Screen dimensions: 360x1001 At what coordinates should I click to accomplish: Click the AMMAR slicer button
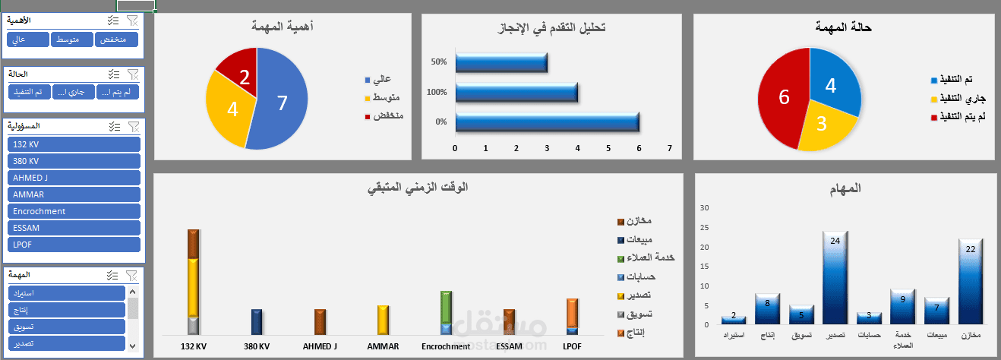coord(74,194)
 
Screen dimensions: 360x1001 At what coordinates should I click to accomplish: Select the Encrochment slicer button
coord(74,211)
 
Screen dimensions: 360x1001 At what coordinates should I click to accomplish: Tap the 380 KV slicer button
coord(74,161)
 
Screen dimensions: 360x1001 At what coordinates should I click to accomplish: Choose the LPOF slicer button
coord(74,245)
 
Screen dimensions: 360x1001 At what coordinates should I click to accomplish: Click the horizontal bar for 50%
coord(501,62)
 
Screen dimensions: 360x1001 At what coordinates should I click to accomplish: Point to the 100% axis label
coord(437,92)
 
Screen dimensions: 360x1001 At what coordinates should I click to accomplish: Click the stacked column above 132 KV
coord(193,282)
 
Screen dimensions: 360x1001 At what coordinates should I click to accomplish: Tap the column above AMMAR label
coord(383,320)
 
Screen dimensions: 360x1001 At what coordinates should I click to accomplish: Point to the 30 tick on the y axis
coord(703,208)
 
